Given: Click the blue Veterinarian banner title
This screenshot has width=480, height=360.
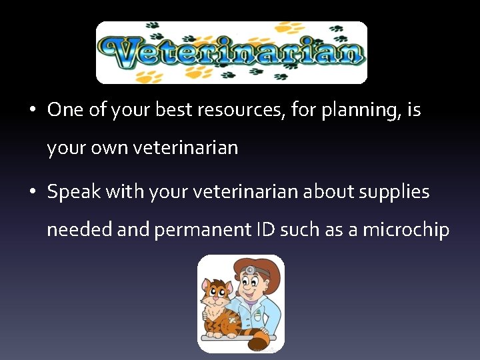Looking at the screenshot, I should (231, 52).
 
